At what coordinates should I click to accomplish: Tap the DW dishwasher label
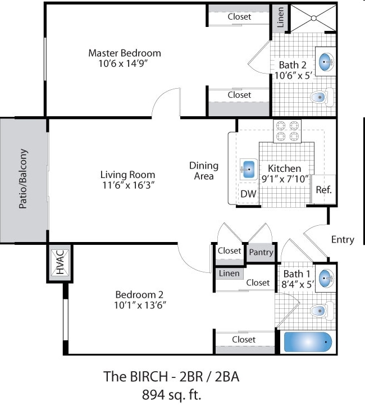248,194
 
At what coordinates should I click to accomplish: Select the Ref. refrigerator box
323,189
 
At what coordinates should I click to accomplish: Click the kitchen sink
248,168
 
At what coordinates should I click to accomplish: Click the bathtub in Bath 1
307,341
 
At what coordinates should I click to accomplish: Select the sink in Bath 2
326,62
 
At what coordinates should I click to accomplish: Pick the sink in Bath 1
325,278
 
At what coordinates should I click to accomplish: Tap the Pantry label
261,252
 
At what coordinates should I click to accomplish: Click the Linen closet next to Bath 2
281,19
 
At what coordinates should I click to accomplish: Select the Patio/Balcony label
23,179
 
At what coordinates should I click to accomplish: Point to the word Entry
343,240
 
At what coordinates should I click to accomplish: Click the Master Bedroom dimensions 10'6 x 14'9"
124,63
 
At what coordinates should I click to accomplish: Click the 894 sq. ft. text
172,394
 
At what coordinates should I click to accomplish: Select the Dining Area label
203,171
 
